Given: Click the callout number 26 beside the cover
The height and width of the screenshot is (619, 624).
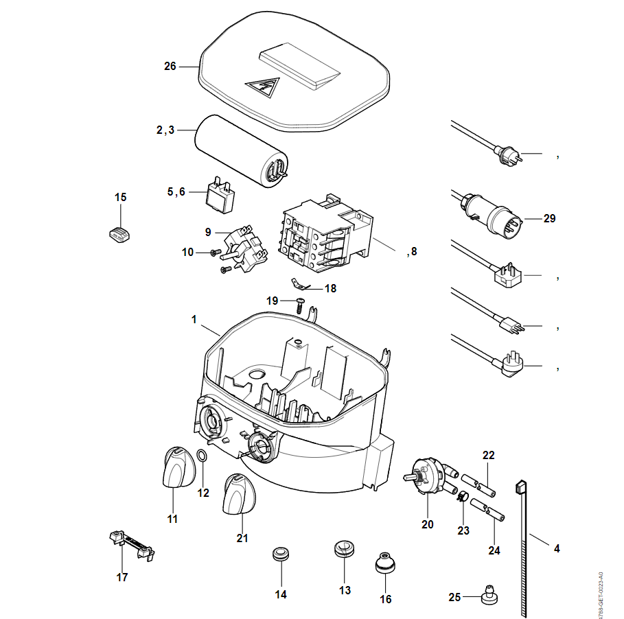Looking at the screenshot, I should tap(170, 67).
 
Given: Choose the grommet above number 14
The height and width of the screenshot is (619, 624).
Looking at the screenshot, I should tap(279, 553).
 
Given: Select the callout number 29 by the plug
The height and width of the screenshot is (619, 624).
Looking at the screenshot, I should tap(549, 219).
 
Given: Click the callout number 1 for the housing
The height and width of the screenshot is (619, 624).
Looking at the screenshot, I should tap(194, 320).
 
